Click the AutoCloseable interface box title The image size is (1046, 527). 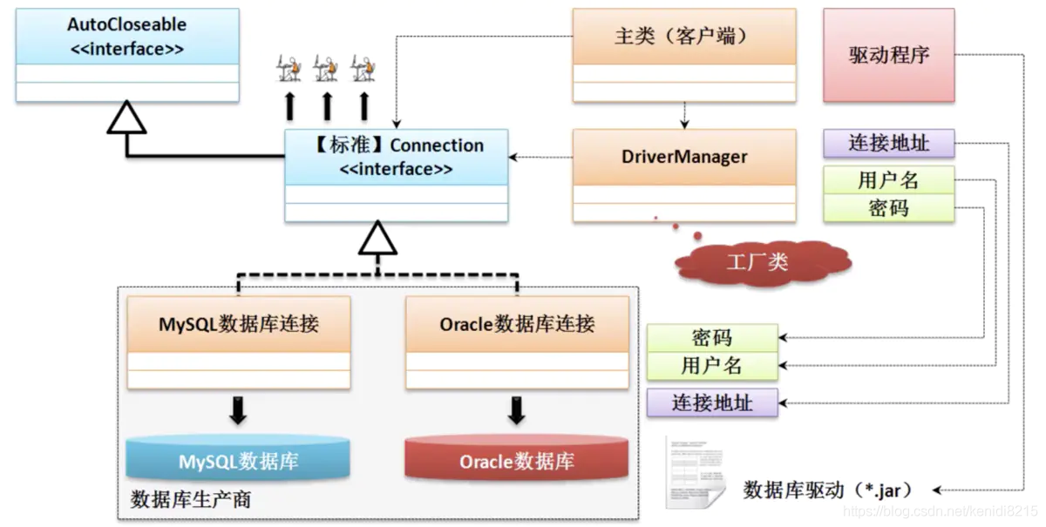pos(127,36)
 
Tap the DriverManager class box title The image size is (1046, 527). pos(684,157)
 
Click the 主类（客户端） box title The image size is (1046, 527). pos(684,37)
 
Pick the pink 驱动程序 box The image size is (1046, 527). pos(888,55)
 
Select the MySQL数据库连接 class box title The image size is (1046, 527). pos(239,325)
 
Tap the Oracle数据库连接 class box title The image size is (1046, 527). pos(517,325)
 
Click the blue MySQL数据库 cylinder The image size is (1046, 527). pos(238,460)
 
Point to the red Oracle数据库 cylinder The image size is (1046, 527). pos(516,460)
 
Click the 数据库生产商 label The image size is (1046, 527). pos(191,500)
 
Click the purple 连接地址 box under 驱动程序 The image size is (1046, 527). pos(888,143)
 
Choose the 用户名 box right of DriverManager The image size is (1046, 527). pos(888,180)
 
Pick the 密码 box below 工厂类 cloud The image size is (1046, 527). pos(712,338)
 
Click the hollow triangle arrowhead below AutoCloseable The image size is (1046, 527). pos(126,118)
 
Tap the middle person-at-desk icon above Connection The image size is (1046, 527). pos(326,68)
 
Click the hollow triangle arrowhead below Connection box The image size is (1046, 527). pos(377,238)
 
